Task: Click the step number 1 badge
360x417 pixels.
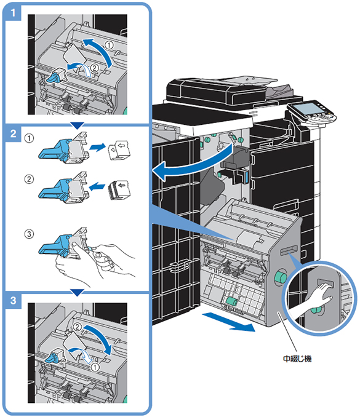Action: click(13, 12)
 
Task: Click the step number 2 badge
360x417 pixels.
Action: click(13, 133)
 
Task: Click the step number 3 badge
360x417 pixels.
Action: click(13, 301)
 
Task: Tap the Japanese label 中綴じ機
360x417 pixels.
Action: click(297, 359)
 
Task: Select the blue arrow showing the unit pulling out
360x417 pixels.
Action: click(228, 322)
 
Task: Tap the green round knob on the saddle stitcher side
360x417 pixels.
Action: click(281, 277)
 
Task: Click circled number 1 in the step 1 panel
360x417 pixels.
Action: click(108, 45)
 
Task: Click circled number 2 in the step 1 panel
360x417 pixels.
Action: click(95, 68)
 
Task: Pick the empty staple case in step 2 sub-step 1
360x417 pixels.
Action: click(119, 151)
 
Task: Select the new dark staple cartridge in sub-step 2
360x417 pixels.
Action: click(119, 189)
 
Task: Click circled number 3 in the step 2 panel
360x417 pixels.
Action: click(29, 234)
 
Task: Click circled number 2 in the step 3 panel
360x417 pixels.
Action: click(78, 327)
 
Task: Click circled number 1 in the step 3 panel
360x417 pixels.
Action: click(95, 368)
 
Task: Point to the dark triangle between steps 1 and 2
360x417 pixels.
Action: click(77, 125)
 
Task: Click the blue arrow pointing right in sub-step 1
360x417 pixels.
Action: click(97, 147)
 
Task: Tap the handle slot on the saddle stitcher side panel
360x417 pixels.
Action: click(289, 250)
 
